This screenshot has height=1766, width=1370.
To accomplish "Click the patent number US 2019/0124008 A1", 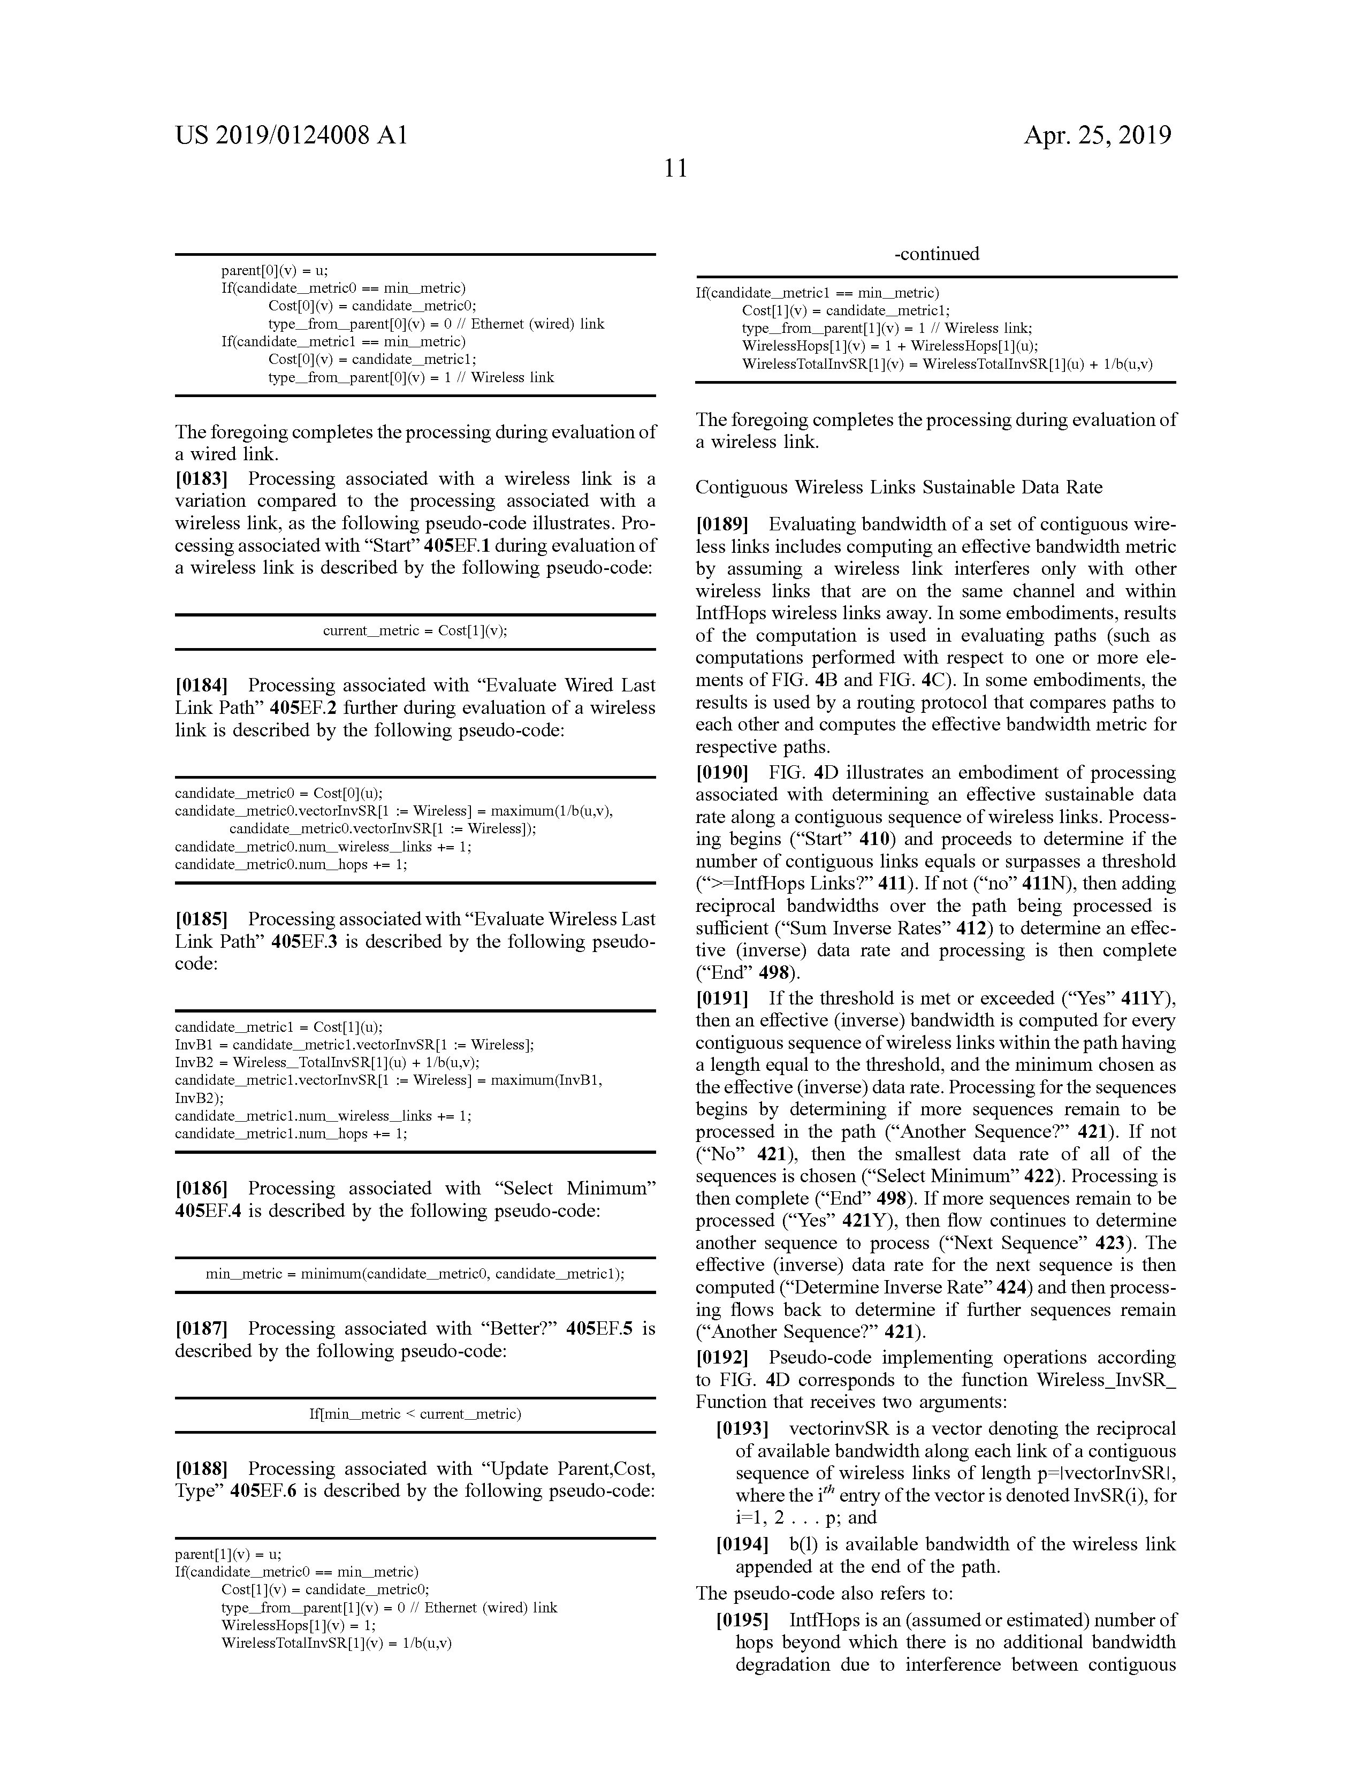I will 291,135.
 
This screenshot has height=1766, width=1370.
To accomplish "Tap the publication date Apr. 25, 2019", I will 1098,135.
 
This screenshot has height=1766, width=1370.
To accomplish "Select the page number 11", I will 675,168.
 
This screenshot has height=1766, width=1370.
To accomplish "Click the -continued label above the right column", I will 937,254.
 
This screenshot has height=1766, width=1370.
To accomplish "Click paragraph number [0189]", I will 722,524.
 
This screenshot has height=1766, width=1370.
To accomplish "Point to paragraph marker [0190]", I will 722,772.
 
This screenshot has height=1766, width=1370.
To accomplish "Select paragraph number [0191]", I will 722,999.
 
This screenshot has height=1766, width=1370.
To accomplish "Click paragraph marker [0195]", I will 742,1620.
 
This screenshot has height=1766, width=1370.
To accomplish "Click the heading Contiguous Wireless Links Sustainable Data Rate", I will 899,487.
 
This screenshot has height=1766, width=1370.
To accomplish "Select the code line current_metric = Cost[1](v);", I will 415,631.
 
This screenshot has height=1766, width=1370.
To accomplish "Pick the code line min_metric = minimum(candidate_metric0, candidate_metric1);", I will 415,1274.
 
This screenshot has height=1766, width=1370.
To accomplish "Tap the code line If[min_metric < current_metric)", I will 415,1414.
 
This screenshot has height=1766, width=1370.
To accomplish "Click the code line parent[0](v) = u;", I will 274,271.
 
